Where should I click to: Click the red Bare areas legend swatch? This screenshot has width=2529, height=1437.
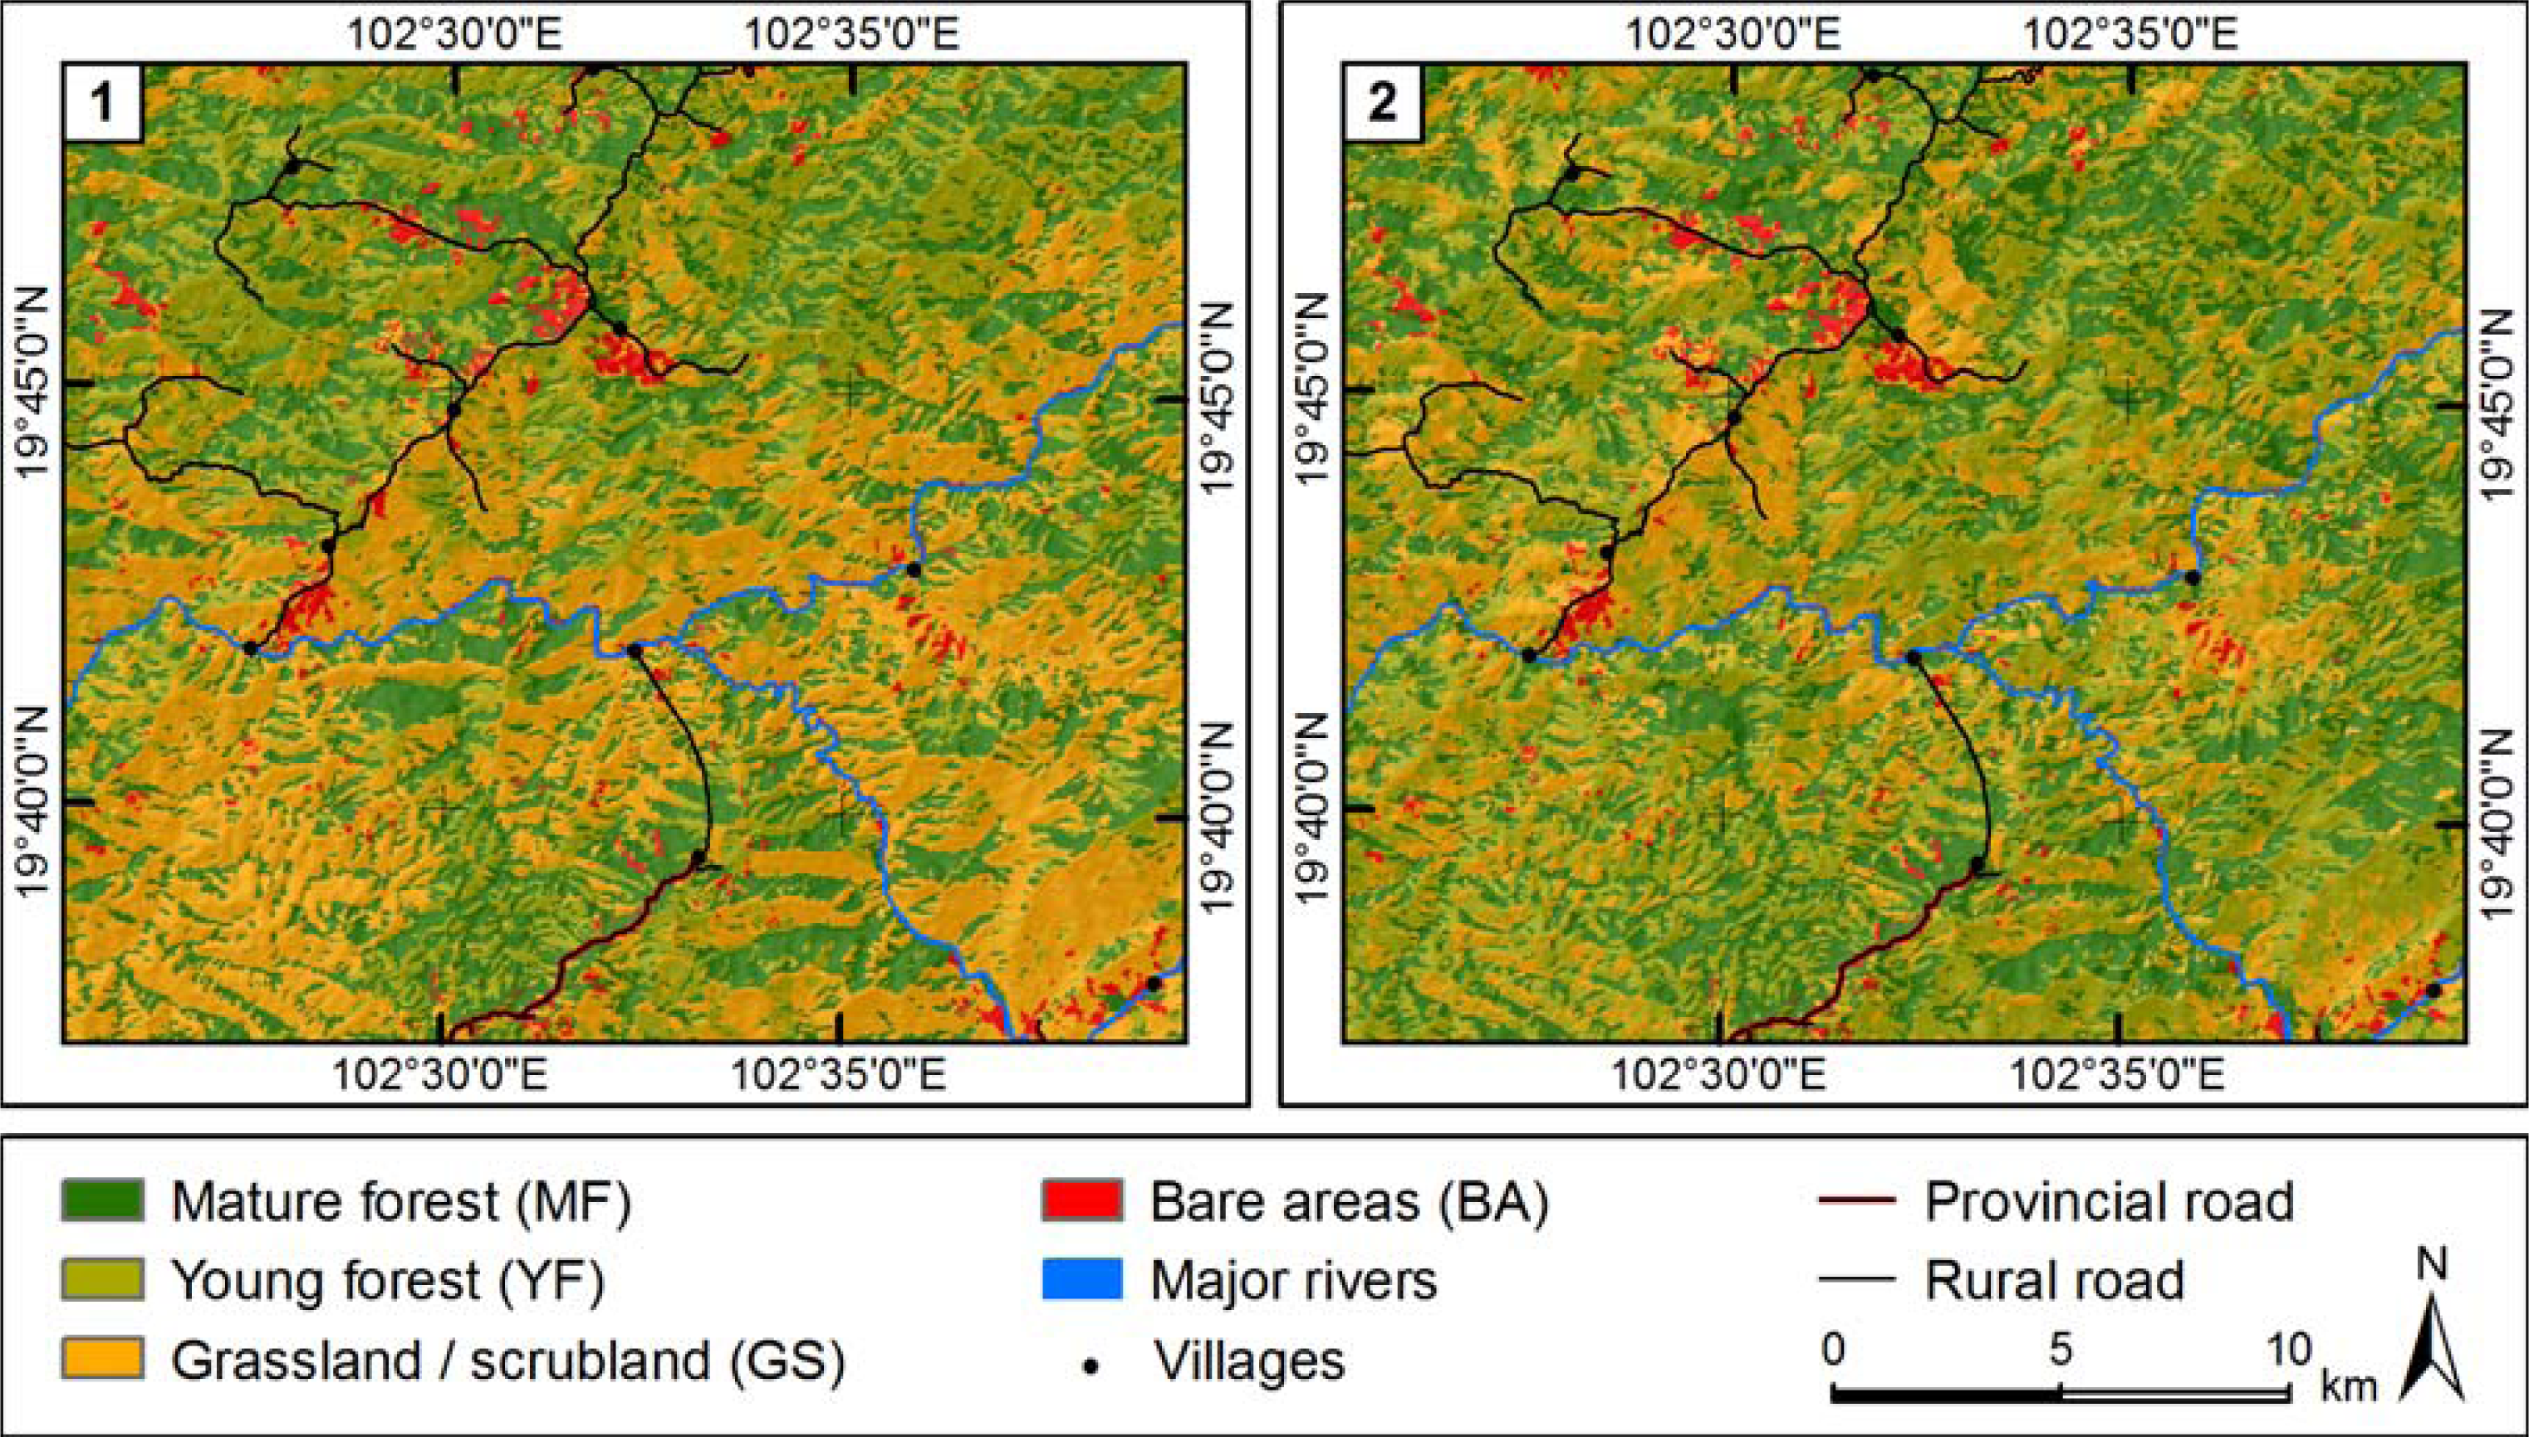[1082, 1200]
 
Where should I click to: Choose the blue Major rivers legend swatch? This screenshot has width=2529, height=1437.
[1082, 1280]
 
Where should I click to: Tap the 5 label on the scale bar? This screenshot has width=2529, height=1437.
[2060, 1350]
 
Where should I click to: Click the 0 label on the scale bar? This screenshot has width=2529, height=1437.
[1833, 1350]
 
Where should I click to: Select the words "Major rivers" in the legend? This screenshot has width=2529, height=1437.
[1294, 1281]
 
